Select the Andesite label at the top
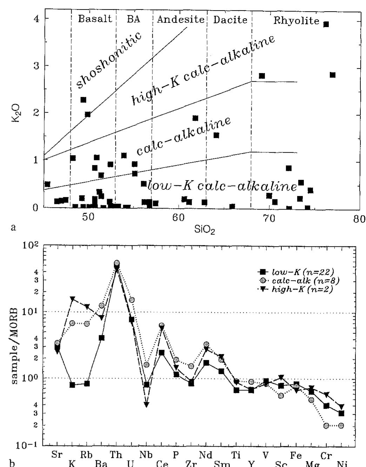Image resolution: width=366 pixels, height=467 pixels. [180, 19]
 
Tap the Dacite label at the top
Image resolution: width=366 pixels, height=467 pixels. [230, 20]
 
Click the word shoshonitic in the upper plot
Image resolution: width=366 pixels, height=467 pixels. [109, 60]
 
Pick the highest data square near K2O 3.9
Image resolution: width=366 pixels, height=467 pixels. [326, 24]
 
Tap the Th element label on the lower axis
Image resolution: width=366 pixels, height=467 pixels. [116, 455]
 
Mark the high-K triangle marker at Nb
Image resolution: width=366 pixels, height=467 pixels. [147, 405]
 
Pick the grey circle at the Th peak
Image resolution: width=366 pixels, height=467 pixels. [117, 263]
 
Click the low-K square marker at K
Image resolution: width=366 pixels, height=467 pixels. [72, 385]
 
